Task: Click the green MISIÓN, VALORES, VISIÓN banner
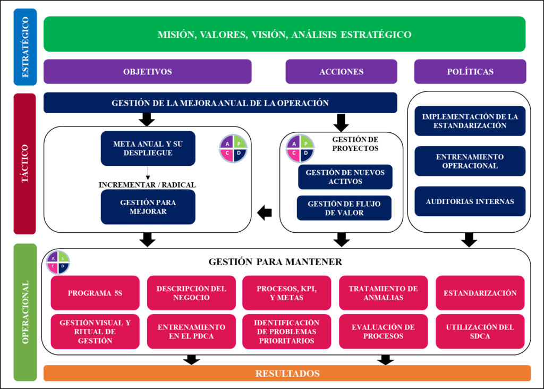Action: point(285,34)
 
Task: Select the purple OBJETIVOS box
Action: point(148,72)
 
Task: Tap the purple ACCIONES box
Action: point(342,72)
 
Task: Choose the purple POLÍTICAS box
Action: point(470,72)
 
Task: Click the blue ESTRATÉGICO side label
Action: point(25,47)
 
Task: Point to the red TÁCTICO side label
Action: point(24,164)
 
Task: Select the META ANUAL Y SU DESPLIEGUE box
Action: point(148,148)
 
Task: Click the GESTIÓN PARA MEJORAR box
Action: point(148,207)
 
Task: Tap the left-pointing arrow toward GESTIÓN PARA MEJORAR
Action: point(265,213)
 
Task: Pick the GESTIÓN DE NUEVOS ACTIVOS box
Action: point(345,177)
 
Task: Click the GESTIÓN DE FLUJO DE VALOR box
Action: point(344,208)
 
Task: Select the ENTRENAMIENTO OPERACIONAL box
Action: point(470,161)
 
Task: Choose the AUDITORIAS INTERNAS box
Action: point(470,201)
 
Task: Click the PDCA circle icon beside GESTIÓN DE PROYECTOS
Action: point(300,148)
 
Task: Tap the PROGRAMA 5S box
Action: point(95,293)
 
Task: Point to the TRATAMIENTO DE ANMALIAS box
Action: point(384,293)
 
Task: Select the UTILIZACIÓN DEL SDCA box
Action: point(480,332)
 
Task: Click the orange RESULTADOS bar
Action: point(287,373)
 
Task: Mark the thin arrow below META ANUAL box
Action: point(148,173)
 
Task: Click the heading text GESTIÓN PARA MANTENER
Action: point(275,261)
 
